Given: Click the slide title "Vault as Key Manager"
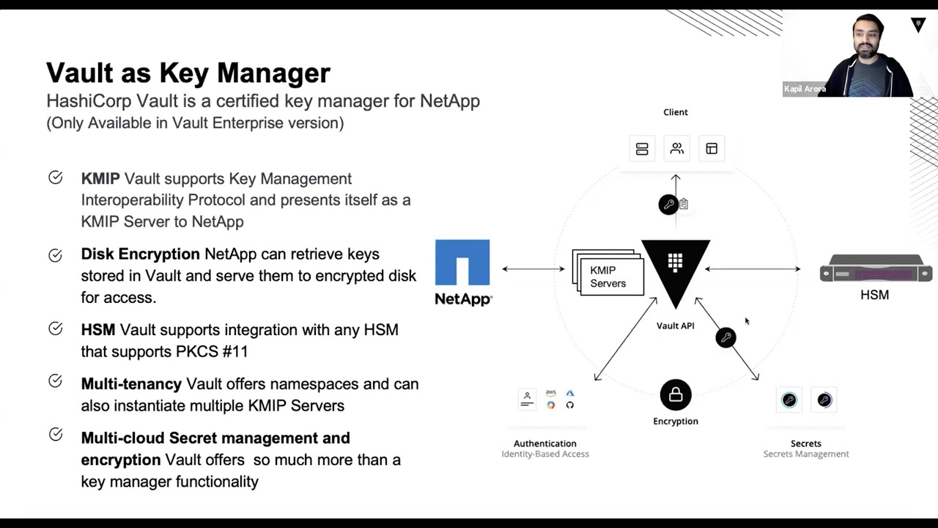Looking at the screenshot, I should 188,73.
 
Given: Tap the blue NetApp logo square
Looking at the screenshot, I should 462,262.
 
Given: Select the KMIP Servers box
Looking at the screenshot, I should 608,276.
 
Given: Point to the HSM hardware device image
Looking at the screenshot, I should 876,269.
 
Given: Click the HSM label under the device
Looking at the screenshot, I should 874,295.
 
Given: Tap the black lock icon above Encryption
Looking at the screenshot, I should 676,395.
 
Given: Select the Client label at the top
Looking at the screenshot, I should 676,112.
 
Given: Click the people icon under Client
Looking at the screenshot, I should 677,149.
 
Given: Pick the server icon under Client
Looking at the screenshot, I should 642,149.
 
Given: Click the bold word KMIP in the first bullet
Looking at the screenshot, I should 100,179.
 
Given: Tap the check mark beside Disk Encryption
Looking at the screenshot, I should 56,255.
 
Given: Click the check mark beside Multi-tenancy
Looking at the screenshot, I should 56,381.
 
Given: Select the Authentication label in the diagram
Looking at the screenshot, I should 545,444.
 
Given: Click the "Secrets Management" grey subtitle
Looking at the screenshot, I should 806,455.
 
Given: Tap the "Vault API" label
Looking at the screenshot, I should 676,326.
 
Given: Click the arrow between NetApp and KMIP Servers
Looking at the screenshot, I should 533,269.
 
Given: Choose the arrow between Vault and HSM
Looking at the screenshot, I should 753,269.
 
